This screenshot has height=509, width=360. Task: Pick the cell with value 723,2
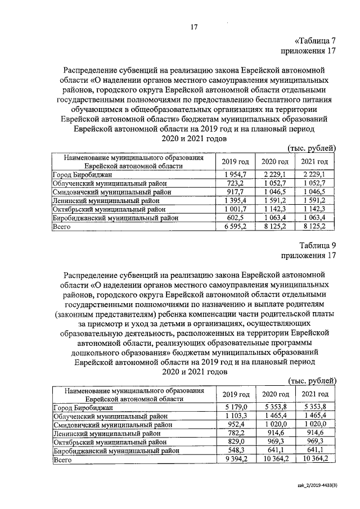(x=235, y=183)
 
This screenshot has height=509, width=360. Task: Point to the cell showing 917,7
(x=235, y=192)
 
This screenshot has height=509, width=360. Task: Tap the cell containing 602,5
(x=235, y=217)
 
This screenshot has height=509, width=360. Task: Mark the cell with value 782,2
(x=235, y=434)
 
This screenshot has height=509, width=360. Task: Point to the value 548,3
(x=235, y=451)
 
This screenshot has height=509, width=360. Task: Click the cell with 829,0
(x=235, y=442)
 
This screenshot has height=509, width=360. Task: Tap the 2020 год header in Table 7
(x=275, y=162)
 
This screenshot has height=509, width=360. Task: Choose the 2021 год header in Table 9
(x=315, y=394)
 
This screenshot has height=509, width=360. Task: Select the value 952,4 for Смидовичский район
(x=235, y=425)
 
